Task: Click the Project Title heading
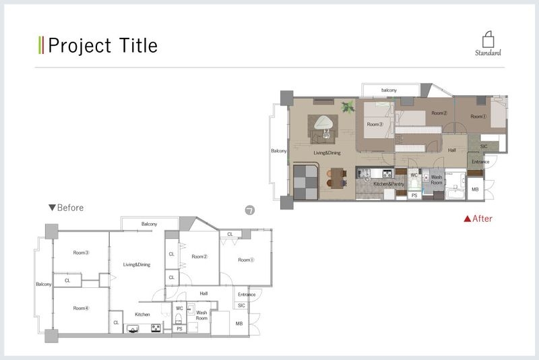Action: tap(103, 45)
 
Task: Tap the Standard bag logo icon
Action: tap(488, 40)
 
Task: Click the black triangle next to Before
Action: tap(53, 208)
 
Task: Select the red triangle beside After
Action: tap(468, 218)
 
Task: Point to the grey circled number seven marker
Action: tap(250, 210)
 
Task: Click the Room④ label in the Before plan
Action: tap(81, 308)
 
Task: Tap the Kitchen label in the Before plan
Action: tap(142, 314)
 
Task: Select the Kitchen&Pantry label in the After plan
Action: tap(389, 184)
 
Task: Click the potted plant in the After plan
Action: tap(348, 107)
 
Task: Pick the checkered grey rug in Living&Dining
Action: tap(306, 182)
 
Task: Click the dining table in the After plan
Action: tap(337, 178)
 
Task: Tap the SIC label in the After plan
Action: tap(484, 146)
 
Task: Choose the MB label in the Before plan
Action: tap(239, 324)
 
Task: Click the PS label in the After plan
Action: tap(414, 196)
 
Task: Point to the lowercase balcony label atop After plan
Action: tap(389, 90)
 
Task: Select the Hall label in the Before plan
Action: tap(203, 294)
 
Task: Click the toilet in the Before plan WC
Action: tap(179, 318)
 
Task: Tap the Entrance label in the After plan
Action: tap(480, 162)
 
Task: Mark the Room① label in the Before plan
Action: tap(246, 260)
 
